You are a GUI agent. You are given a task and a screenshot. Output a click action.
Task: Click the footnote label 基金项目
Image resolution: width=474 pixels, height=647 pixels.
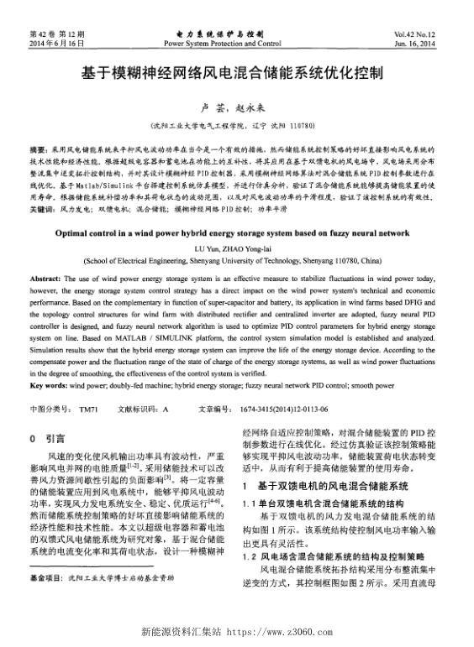tap(45, 602)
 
